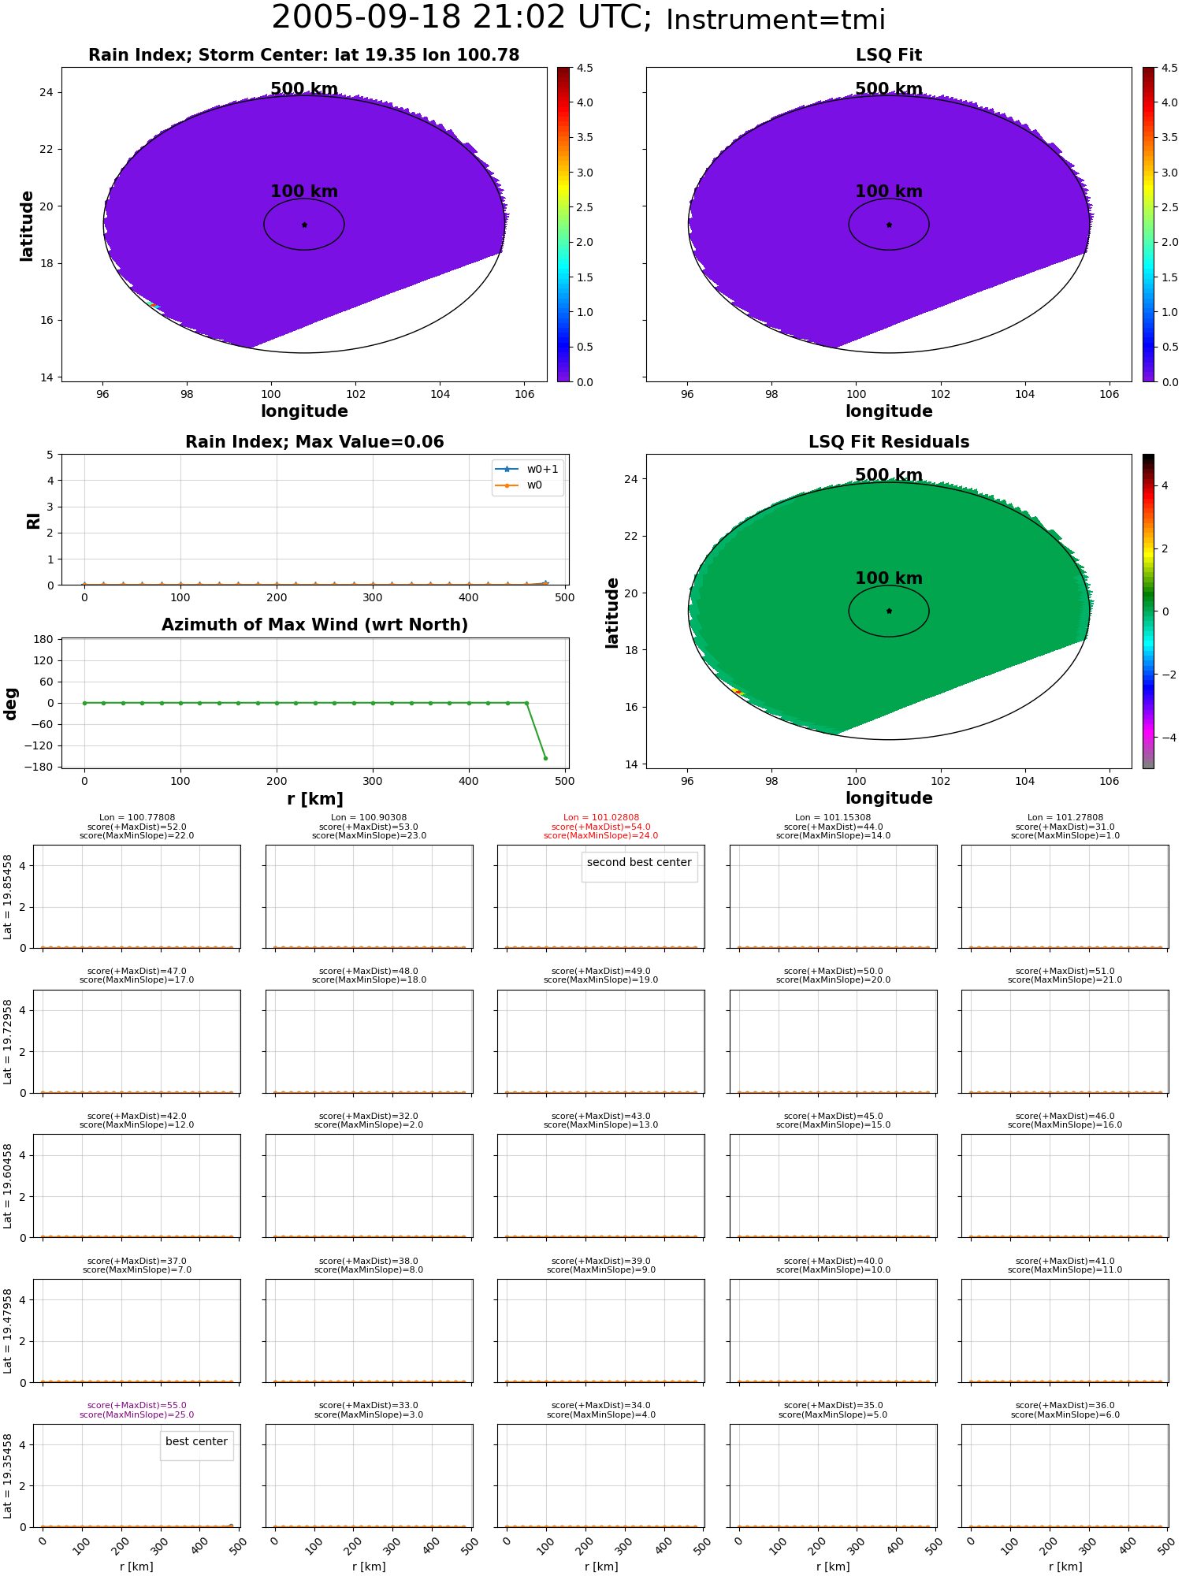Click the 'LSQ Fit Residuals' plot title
889,442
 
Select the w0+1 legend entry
528,469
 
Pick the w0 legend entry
520,485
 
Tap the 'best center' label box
196,1441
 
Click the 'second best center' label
639,862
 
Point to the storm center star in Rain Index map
304,225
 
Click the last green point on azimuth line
545,758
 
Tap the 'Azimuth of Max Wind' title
314,625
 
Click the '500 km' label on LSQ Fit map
889,89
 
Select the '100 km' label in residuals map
889,578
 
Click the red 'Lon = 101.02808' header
601,818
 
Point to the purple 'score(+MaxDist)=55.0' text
137,1406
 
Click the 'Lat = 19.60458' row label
8,1186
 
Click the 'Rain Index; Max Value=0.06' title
314,442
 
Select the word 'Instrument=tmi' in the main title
775,20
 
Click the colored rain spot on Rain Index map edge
153,304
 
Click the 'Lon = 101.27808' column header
1065,818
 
